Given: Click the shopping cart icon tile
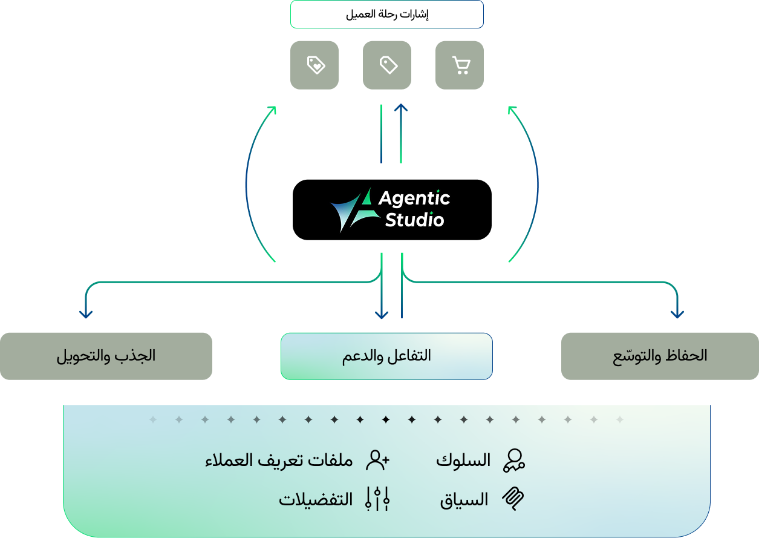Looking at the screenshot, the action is pyautogui.click(x=460, y=65).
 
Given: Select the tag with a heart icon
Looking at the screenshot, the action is pyautogui.click(x=314, y=65).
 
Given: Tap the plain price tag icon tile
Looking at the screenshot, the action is pyautogui.click(x=387, y=65).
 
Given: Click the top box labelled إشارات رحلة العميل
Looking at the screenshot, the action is pyautogui.click(x=387, y=15).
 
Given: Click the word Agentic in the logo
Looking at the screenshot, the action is pyautogui.click(x=414, y=198).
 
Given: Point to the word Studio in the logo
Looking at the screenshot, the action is pyautogui.click(x=415, y=220).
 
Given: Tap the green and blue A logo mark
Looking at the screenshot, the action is pyautogui.click(x=355, y=210).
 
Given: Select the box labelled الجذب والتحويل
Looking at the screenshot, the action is pyautogui.click(x=106, y=356).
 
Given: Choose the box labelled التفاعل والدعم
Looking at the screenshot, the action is pyautogui.click(x=386, y=356).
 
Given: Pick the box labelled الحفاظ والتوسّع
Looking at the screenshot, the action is pyautogui.click(x=660, y=356).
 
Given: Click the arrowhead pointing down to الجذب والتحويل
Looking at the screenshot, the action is pyautogui.click(x=86, y=315).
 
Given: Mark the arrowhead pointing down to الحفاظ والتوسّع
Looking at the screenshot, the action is pyautogui.click(x=677, y=315).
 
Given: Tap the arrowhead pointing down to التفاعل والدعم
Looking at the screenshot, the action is pyautogui.click(x=382, y=315).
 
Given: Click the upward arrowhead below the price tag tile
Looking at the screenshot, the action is pyautogui.click(x=401, y=108).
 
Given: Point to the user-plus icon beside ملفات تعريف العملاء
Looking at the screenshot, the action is pyautogui.click(x=378, y=460).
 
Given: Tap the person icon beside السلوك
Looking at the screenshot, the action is pyautogui.click(x=514, y=461).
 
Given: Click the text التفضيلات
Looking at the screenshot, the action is pyautogui.click(x=316, y=500).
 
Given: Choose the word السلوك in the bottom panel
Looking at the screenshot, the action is pyautogui.click(x=463, y=461).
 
